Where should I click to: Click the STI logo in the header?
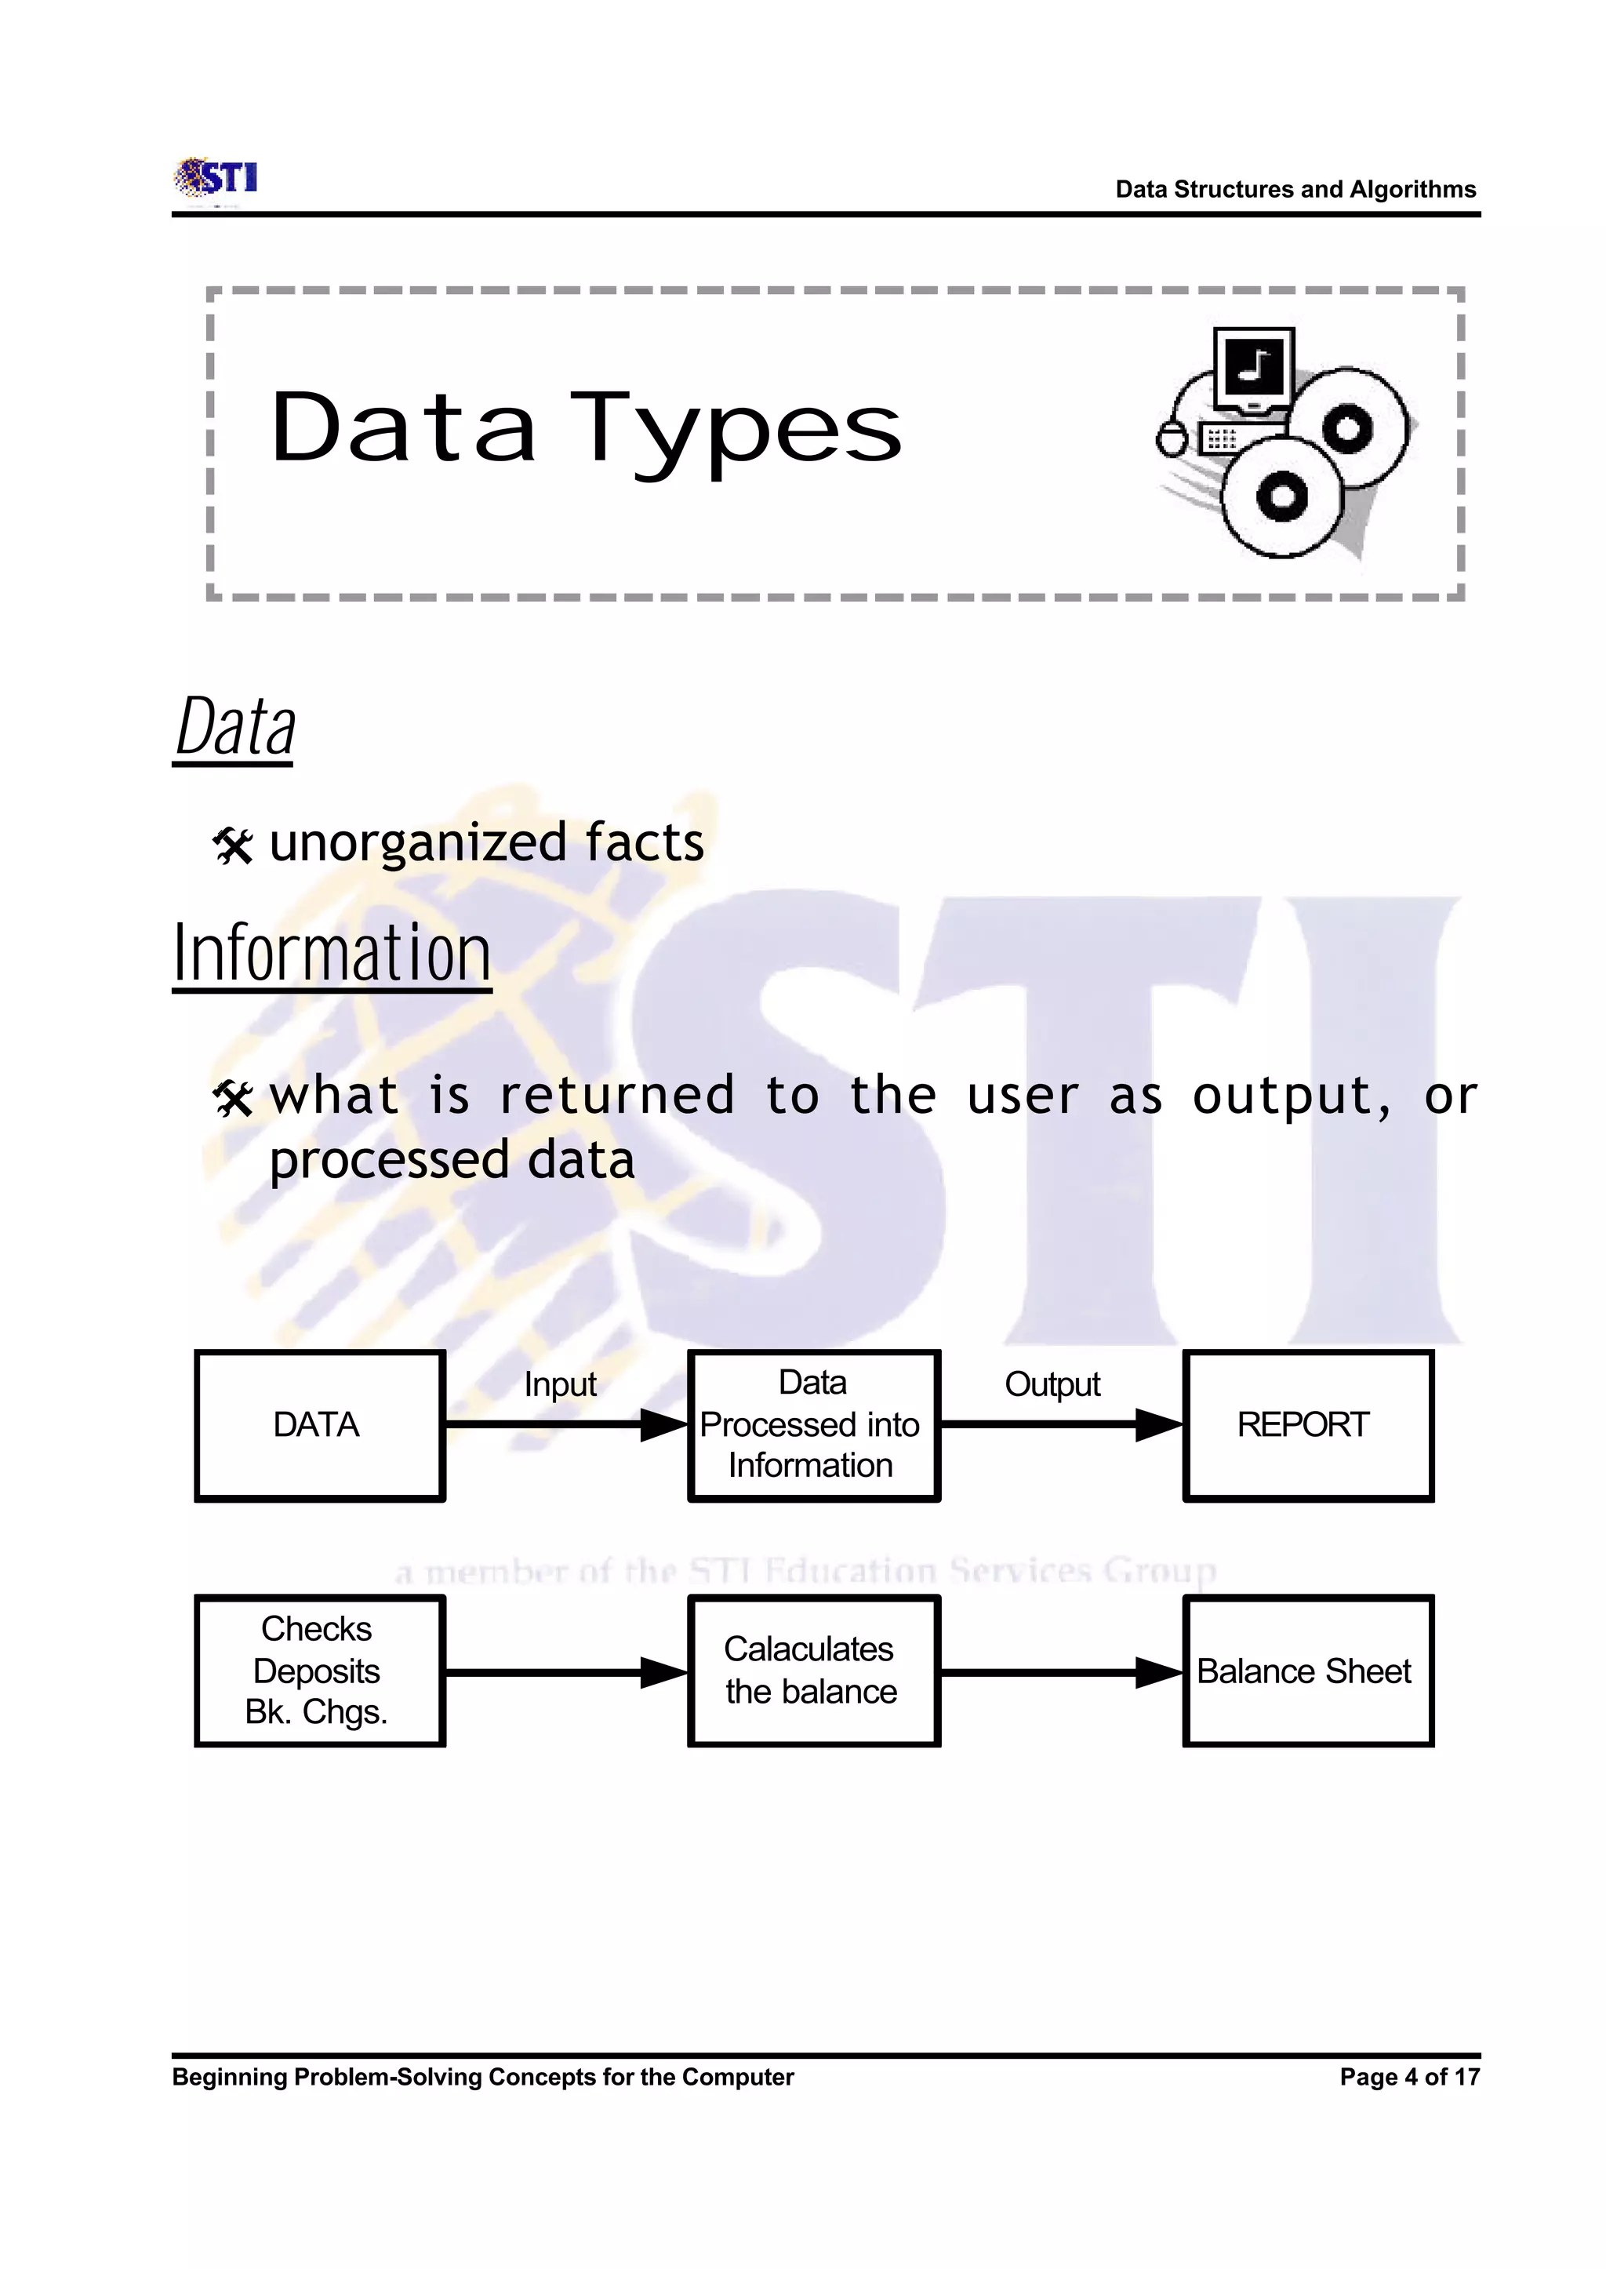[216, 179]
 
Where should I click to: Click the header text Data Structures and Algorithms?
[1295, 189]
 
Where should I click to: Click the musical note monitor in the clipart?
[1254, 368]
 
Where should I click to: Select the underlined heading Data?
[235, 728]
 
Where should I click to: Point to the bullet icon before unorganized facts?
[234, 845]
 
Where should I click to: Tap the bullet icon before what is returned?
[234, 1098]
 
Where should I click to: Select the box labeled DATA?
[319, 1425]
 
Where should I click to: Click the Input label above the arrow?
[560, 1384]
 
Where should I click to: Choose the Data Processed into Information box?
[813, 1425]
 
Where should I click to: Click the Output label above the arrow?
[1052, 1384]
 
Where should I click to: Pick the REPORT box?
[1307, 1425]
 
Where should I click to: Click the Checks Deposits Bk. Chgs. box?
[319, 1671]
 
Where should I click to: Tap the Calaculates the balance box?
[813, 1671]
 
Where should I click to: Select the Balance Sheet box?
[1307, 1671]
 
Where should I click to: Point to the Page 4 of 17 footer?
[1409, 2077]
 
